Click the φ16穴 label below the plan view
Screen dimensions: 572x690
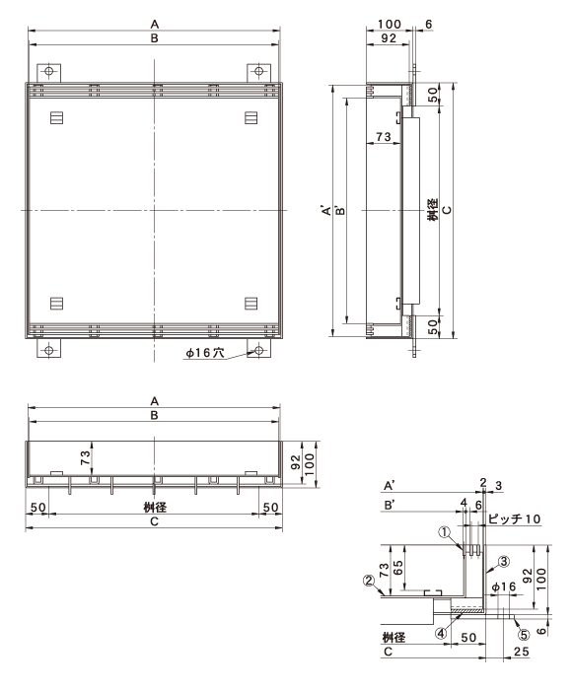pyautogui.click(x=205, y=353)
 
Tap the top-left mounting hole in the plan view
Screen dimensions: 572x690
pyautogui.click(x=49, y=71)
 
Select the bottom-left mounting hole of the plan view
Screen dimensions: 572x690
pyautogui.click(x=49, y=350)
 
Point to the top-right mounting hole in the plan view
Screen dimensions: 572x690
pyautogui.click(x=258, y=71)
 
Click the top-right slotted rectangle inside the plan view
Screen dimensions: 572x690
pyautogui.click(x=251, y=117)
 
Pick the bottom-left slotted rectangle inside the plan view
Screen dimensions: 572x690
pyautogui.click(x=56, y=304)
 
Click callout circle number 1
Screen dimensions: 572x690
pyautogui.click(x=445, y=532)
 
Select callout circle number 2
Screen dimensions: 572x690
pyautogui.click(x=369, y=581)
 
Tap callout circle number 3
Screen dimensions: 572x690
pyautogui.click(x=504, y=562)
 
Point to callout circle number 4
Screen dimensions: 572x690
pyautogui.click(x=441, y=633)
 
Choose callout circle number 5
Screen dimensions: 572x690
pyautogui.click(x=524, y=635)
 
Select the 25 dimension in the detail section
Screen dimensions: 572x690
pyautogui.click(x=522, y=652)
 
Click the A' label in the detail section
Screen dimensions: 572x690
pyautogui.click(x=390, y=486)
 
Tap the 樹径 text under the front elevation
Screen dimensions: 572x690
pyautogui.click(x=155, y=507)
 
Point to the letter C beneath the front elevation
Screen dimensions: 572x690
pyautogui.click(x=154, y=521)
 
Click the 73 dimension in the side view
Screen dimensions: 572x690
pyautogui.click(x=383, y=137)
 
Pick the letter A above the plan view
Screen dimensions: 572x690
pyautogui.click(x=155, y=25)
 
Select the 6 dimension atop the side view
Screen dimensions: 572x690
pyautogui.click(x=428, y=25)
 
